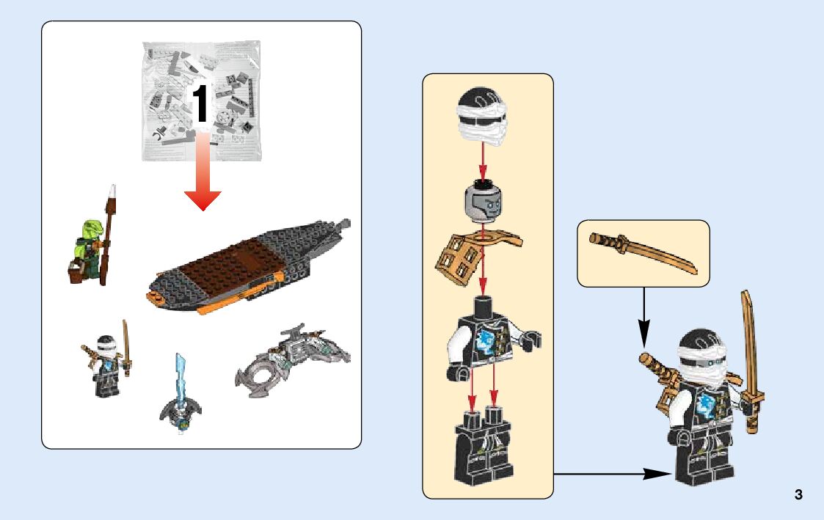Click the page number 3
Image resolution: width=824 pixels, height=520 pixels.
(x=798, y=494)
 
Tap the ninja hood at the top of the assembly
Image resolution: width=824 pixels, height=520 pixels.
(x=481, y=120)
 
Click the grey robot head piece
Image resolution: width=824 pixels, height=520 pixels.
(x=483, y=200)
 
